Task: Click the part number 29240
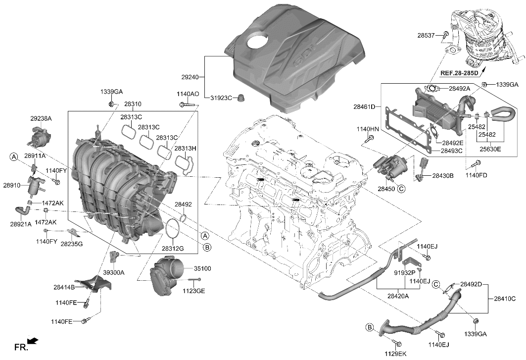[190, 77]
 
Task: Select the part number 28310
[133, 104]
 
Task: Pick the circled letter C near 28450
[401, 189]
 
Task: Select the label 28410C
[505, 299]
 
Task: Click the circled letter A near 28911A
[14, 156]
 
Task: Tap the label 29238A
[41, 119]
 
